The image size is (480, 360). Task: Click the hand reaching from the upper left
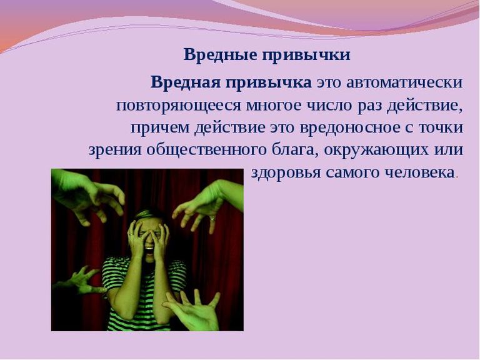coord(89,196)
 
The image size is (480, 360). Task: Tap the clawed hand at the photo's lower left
coord(80,280)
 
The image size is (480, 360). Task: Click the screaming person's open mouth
coord(149,246)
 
